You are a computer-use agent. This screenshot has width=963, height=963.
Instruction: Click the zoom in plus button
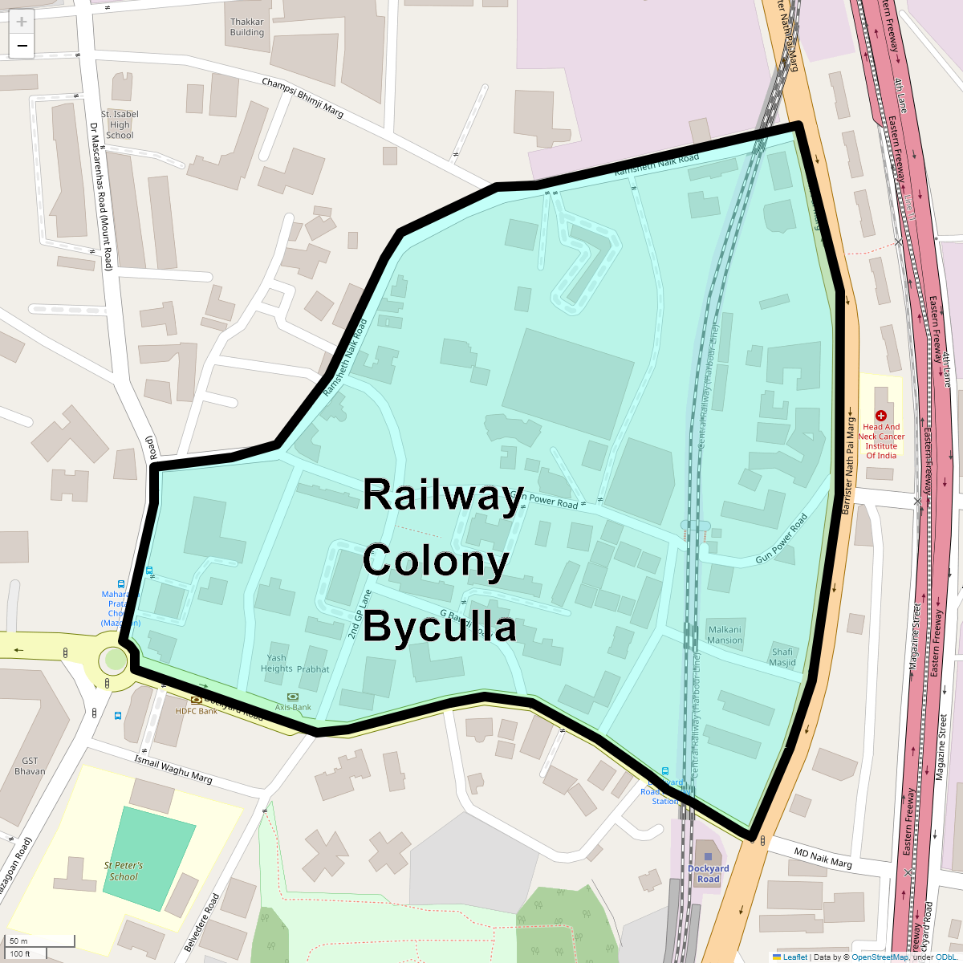[x=22, y=22]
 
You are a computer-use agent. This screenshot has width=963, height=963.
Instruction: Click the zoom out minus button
[x=22, y=46]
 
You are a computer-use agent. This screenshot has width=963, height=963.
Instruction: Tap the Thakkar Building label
[x=246, y=27]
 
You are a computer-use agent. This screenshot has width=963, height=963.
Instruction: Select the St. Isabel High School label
[x=120, y=124]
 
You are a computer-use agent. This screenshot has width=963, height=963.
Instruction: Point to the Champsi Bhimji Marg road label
[x=303, y=98]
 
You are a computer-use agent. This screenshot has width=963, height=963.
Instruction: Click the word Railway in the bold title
[x=443, y=494]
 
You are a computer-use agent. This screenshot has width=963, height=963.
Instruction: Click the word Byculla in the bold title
[x=439, y=627]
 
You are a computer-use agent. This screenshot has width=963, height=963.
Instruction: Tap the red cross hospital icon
[x=881, y=416]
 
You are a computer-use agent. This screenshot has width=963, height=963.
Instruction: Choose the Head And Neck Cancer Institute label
[x=881, y=441]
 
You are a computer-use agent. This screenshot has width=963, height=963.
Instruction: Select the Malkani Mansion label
[x=725, y=635]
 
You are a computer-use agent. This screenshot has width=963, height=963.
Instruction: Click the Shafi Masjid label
[x=782, y=657]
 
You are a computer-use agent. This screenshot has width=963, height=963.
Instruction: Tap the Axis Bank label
[x=293, y=707]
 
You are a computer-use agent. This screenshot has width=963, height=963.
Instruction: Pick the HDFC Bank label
[x=197, y=711]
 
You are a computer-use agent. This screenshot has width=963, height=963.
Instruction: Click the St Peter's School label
[x=124, y=871]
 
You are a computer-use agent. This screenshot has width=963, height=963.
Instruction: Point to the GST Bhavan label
[x=30, y=766]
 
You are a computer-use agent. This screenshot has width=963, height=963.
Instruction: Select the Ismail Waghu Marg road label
[x=173, y=768]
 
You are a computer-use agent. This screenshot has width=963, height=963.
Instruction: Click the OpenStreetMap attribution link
[x=880, y=957]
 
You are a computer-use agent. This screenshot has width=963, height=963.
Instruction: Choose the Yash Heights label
[x=277, y=663]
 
